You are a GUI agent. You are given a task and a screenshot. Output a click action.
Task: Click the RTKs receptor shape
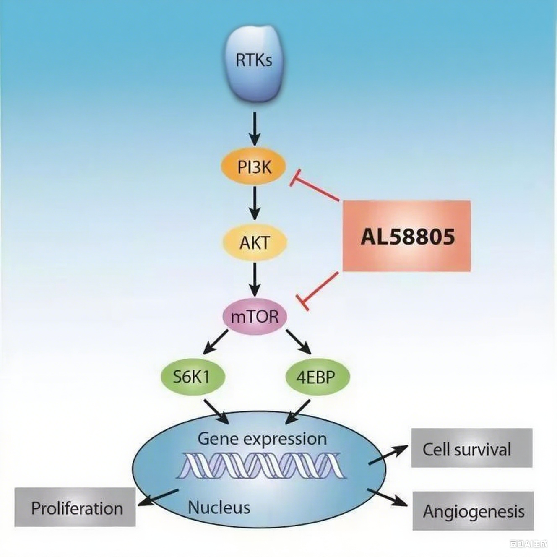[254, 63]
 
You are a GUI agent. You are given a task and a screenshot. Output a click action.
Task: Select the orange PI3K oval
[253, 167]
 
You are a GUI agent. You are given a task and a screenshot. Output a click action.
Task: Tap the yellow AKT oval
[254, 242]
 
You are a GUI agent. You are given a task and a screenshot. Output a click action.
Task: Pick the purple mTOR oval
[254, 316]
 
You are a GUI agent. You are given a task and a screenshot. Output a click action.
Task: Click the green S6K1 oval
[193, 377]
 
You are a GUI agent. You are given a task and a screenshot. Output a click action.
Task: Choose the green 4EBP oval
[317, 377]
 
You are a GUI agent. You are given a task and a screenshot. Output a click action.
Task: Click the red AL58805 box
[406, 236]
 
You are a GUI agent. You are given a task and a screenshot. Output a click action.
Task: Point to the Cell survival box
[471, 448]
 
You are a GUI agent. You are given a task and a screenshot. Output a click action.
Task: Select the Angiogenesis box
[473, 511]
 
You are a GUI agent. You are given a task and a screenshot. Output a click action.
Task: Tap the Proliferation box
[75, 508]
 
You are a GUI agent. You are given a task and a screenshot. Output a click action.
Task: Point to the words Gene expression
[262, 439]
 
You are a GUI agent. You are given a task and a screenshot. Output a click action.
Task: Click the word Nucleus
[219, 507]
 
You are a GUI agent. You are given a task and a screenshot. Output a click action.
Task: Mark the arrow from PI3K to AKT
[255, 203]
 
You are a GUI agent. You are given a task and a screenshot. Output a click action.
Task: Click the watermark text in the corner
[528, 544]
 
